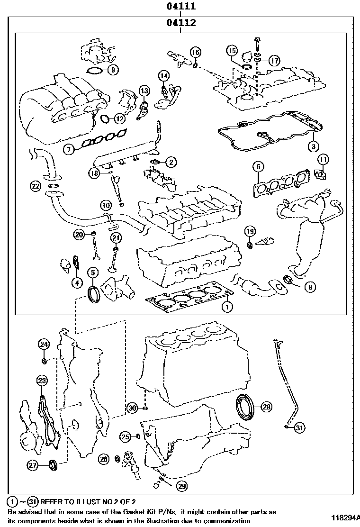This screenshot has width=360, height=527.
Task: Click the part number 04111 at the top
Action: click(180, 7)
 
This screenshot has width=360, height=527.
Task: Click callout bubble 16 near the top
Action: click(196, 52)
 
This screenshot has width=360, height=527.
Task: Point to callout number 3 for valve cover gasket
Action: click(313, 145)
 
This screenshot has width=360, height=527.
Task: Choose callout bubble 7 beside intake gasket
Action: click(69, 149)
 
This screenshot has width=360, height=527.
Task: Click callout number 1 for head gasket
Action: click(227, 307)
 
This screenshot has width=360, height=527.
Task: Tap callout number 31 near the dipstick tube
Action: click(298, 428)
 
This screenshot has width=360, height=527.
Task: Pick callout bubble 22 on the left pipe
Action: click(36, 186)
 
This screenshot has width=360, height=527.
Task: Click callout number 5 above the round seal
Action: click(92, 272)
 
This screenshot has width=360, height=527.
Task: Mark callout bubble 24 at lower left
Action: click(44, 344)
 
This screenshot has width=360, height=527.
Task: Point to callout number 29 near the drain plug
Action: click(181, 485)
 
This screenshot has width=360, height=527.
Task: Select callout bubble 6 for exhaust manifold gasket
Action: click(258, 166)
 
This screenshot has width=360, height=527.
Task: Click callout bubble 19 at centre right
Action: click(250, 231)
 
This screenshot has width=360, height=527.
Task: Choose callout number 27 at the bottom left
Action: click(32, 466)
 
